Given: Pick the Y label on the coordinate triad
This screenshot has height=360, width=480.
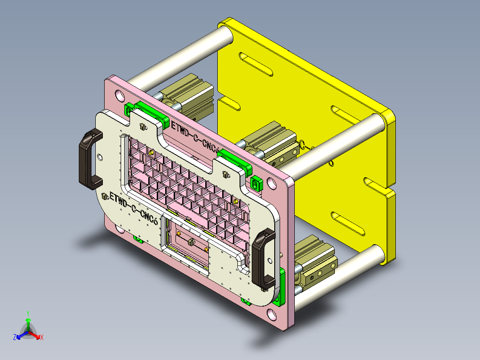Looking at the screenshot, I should [x=28, y=313].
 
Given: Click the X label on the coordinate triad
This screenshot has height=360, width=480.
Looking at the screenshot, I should [x=42, y=337].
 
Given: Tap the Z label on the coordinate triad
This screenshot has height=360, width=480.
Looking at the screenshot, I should [x=15, y=337].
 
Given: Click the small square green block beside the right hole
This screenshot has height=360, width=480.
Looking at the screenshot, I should [x=256, y=183].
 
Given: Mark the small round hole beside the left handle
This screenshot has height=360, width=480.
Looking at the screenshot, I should [x=100, y=157].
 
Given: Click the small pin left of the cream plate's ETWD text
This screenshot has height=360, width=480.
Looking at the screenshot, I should [x=105, y=196].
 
